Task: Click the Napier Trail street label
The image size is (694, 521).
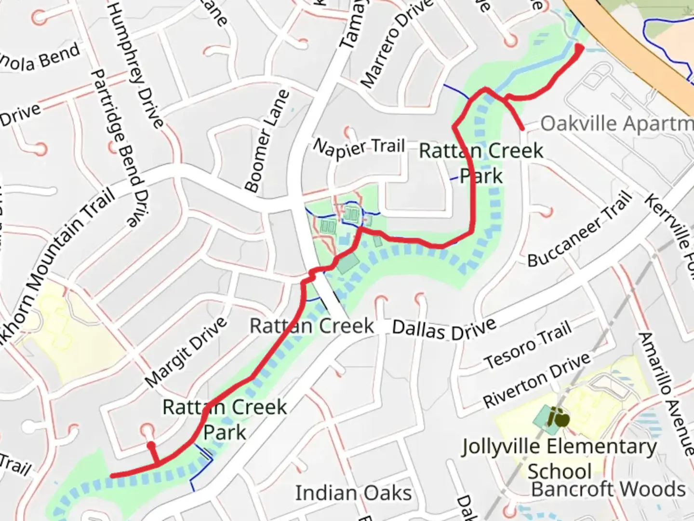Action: point(359,147)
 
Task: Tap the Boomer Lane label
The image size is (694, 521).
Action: point(267,141)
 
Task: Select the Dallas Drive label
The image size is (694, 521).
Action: point(444,329)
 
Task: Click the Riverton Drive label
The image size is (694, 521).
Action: point(536,379)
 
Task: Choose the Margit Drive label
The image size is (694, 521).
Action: point(186,352)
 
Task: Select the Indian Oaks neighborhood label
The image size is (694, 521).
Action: point(353,493)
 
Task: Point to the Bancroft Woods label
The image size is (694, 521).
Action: point(608,489)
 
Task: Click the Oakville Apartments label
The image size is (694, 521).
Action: point(617,123)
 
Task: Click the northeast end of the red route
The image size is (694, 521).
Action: point(579,48)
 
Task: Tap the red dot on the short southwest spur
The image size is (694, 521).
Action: point(151,444)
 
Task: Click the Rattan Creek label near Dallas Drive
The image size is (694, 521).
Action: point(311,326)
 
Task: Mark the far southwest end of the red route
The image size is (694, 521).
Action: point(112,476)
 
